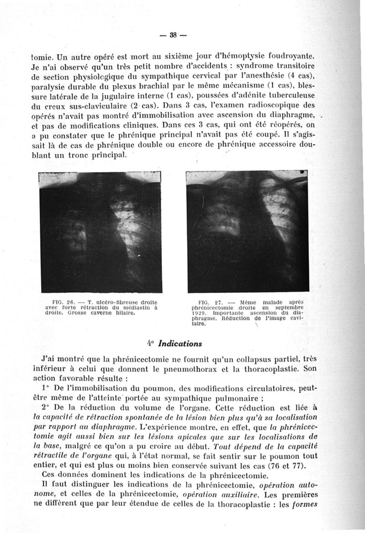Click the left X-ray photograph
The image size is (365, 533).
(x=100, y=233)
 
